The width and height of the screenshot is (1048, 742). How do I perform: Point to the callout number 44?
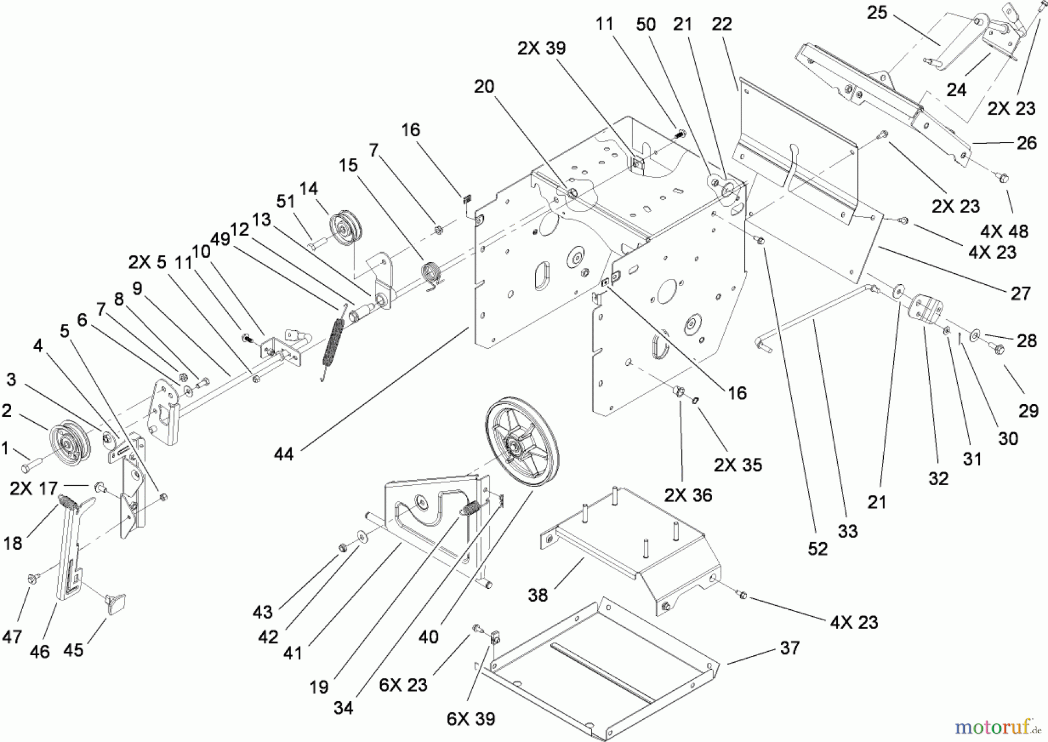(x=284, y=454)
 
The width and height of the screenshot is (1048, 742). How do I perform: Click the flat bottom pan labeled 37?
(x=600, y=670)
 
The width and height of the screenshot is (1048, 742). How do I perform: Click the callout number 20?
(x=484, y=86)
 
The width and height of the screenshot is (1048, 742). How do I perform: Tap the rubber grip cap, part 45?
(x=117, y=603)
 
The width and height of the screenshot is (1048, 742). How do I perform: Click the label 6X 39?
(x=470, y=719)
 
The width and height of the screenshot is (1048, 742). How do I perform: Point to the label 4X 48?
(x=1004, y=231)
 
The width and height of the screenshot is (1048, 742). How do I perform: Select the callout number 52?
(x=817, y=549)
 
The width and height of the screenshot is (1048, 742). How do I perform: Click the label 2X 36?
(x=688, y=495)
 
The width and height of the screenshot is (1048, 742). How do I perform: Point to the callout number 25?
(x=877, y=12)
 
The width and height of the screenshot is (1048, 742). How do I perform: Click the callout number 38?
(x=538, y=595)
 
